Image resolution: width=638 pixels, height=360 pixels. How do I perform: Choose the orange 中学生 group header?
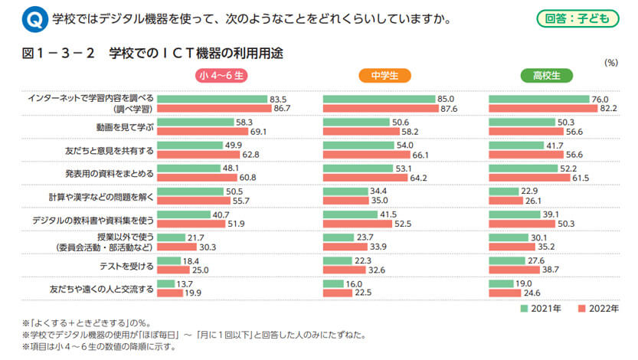384,76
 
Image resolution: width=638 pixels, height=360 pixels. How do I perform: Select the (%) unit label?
611,63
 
